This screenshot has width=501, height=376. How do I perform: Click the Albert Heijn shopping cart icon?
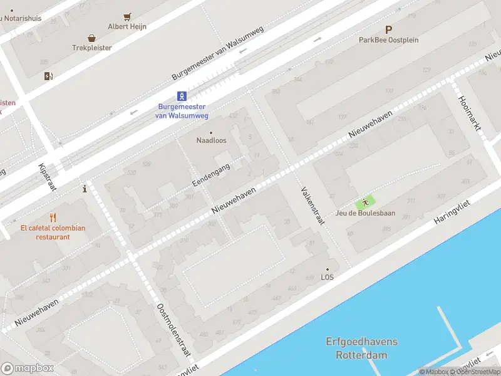click(127, 17)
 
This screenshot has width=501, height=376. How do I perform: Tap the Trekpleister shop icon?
click(92, 38)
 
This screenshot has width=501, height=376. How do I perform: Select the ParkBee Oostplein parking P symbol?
click(388, 29)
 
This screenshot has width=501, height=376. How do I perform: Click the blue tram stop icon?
click(182, 96)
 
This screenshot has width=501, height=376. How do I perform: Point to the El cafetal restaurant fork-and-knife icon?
click(53, 218)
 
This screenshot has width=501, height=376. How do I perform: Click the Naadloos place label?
click(211, 140)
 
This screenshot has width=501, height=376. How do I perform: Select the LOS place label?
click(327, 277)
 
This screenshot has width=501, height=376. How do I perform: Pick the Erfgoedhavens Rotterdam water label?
click(361, 348)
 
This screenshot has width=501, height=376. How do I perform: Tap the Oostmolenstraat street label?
click(173, 330)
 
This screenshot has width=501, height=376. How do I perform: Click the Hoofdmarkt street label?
click(469, 113)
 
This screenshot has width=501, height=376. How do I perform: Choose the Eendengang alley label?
click(212, 175)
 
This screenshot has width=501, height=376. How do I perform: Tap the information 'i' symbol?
click(85, 189)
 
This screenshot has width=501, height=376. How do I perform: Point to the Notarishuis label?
click(23, 18)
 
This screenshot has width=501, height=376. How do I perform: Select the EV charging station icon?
click(49, 76)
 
